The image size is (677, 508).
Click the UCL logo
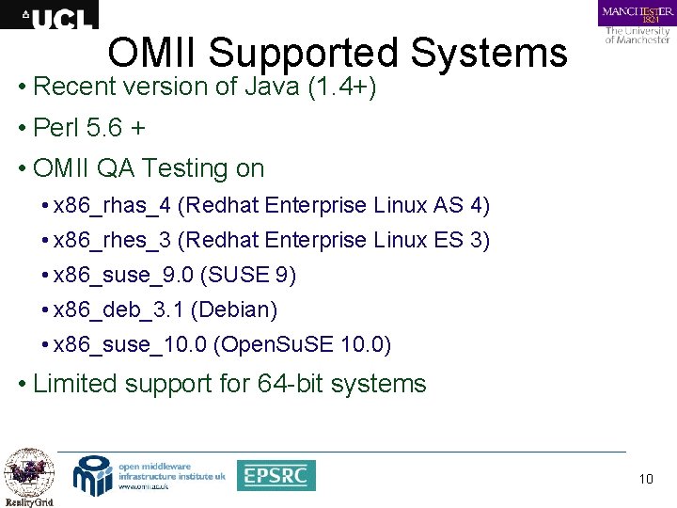coord(49,15)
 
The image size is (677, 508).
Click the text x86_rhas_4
coord(113,205)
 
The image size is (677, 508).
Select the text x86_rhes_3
coord(113,241)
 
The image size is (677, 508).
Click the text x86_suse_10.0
coord(130,345)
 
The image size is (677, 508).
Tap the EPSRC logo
coord(276,475)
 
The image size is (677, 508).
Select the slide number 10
coord(645,480)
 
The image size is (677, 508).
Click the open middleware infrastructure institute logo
coord(150,474)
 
